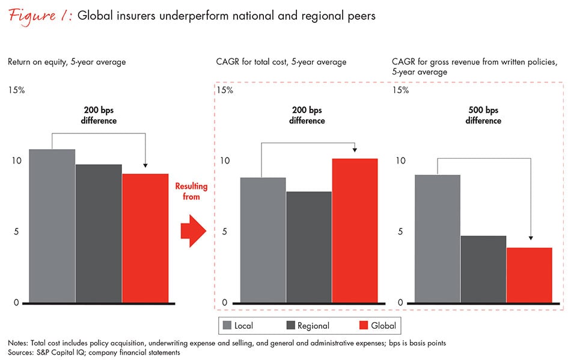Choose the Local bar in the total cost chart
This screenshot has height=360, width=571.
[x=263, y=240]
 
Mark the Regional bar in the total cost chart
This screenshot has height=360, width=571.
[x=308, y=247]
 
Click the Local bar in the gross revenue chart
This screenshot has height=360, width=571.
[x=438, y=239]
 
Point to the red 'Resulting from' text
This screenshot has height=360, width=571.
[x=188, y=191]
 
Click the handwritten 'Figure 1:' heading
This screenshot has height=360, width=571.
[x=41, y=16]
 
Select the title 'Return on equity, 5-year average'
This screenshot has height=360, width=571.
[x=67, y=62]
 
